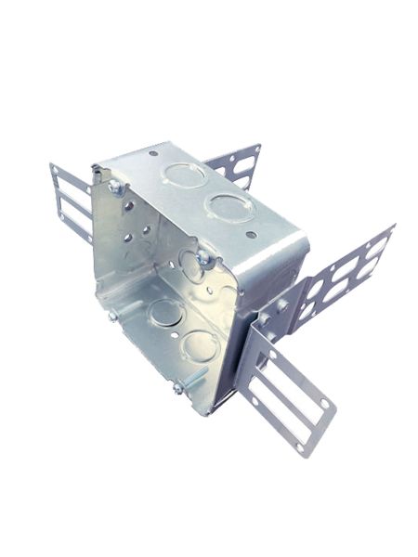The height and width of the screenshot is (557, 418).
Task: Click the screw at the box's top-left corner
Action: coord(115,188)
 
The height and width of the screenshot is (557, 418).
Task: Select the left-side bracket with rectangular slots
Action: coord(71,200)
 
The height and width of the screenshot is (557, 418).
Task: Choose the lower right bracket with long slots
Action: coord(287,390)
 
